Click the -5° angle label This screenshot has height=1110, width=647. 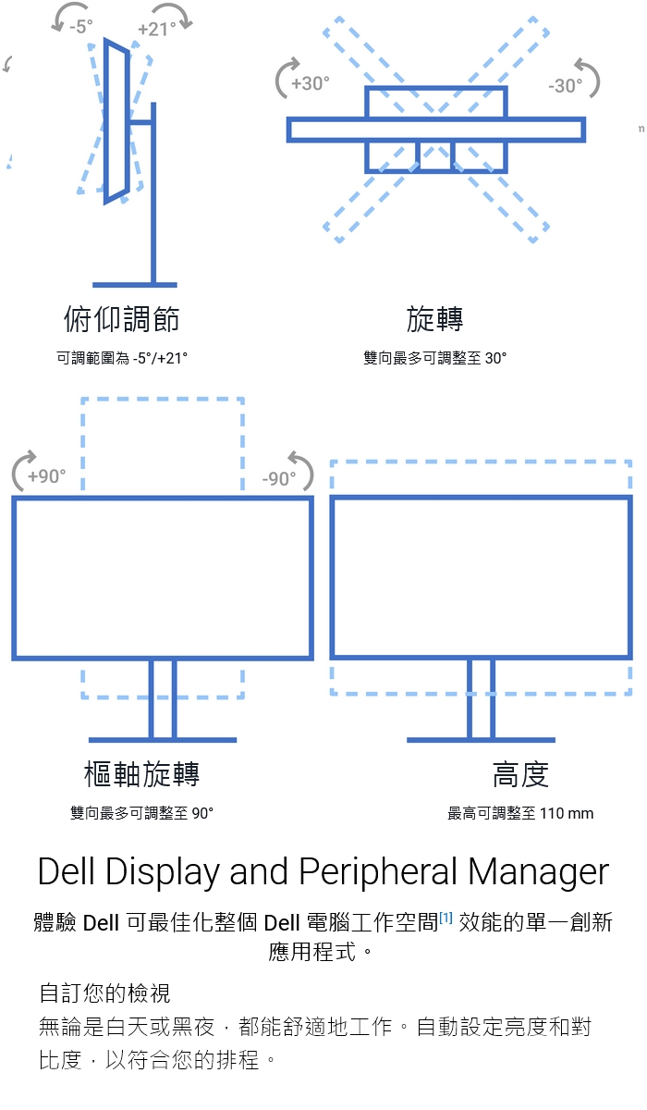pos(81,27)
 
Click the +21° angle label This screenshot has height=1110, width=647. pos(156,29)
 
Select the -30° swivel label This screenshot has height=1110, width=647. pos(565,85)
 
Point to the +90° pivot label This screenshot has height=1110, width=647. pos(46,476)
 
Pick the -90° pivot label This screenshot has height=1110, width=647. pos(279,478)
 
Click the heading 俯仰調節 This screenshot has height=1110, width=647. pos(121,319)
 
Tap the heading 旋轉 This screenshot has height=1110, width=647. pos(434,319)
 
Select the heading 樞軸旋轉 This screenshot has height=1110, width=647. pos(141,773)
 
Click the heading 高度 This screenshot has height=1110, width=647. pos(520,773)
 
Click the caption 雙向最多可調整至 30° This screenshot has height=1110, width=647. pos(434,358)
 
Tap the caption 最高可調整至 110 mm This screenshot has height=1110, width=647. pos(520,813)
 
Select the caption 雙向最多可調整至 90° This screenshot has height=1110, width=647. pos(141,813)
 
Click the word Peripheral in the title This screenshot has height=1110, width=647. pos(377,871)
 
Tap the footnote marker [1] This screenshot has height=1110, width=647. pos(446,918)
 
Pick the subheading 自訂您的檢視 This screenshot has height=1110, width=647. pos(104,993)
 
